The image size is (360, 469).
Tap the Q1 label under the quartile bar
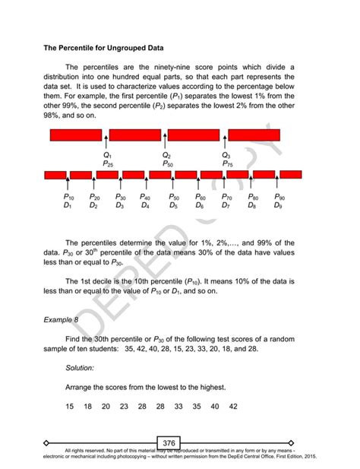coord(107,154)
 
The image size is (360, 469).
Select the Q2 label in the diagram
coord(167,154)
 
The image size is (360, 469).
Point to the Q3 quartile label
coord(226,154)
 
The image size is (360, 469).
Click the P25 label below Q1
coord(108,163)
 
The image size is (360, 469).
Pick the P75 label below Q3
coord(228,163)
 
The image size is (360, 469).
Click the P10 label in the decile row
coord(68,197)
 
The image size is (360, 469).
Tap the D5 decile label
coord(173,206)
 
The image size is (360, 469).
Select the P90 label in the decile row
coord(279,197)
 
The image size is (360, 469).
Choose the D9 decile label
coord(278,206)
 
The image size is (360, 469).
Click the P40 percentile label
coord(146,197)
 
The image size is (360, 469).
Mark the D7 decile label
coord(226,206)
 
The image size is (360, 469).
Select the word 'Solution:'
coord(80,367)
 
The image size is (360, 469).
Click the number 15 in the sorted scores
coord(70,407)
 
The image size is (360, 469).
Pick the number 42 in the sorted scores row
coord(233,407)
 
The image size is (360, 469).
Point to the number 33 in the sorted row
coord(178,407)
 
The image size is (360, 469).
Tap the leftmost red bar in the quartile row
coord(76,135)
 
